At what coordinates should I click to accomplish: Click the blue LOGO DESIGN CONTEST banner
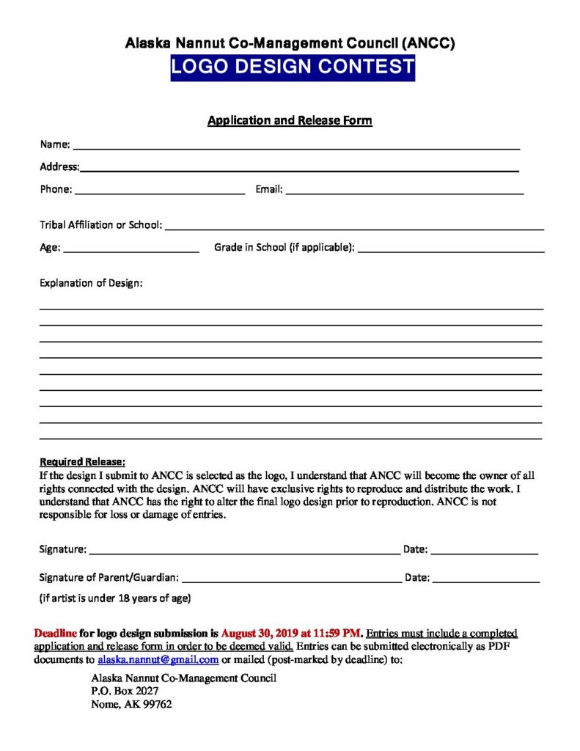click(293, 67)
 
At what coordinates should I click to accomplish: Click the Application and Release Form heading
click(290, 120)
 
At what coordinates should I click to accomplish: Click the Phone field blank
click(160, 191)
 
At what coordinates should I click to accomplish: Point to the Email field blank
click(404, 191)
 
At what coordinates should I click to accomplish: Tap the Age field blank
click(131, 250)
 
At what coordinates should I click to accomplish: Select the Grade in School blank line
click(451, 250)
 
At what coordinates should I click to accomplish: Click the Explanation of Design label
click(91, 283)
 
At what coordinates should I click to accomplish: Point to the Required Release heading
click(82, 462)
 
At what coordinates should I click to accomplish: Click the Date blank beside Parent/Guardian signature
click(486, 579)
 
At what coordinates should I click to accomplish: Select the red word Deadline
click(55, 633)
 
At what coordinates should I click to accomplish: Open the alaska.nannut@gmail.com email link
click(158, 659)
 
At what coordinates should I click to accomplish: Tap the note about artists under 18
click(115, 598)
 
